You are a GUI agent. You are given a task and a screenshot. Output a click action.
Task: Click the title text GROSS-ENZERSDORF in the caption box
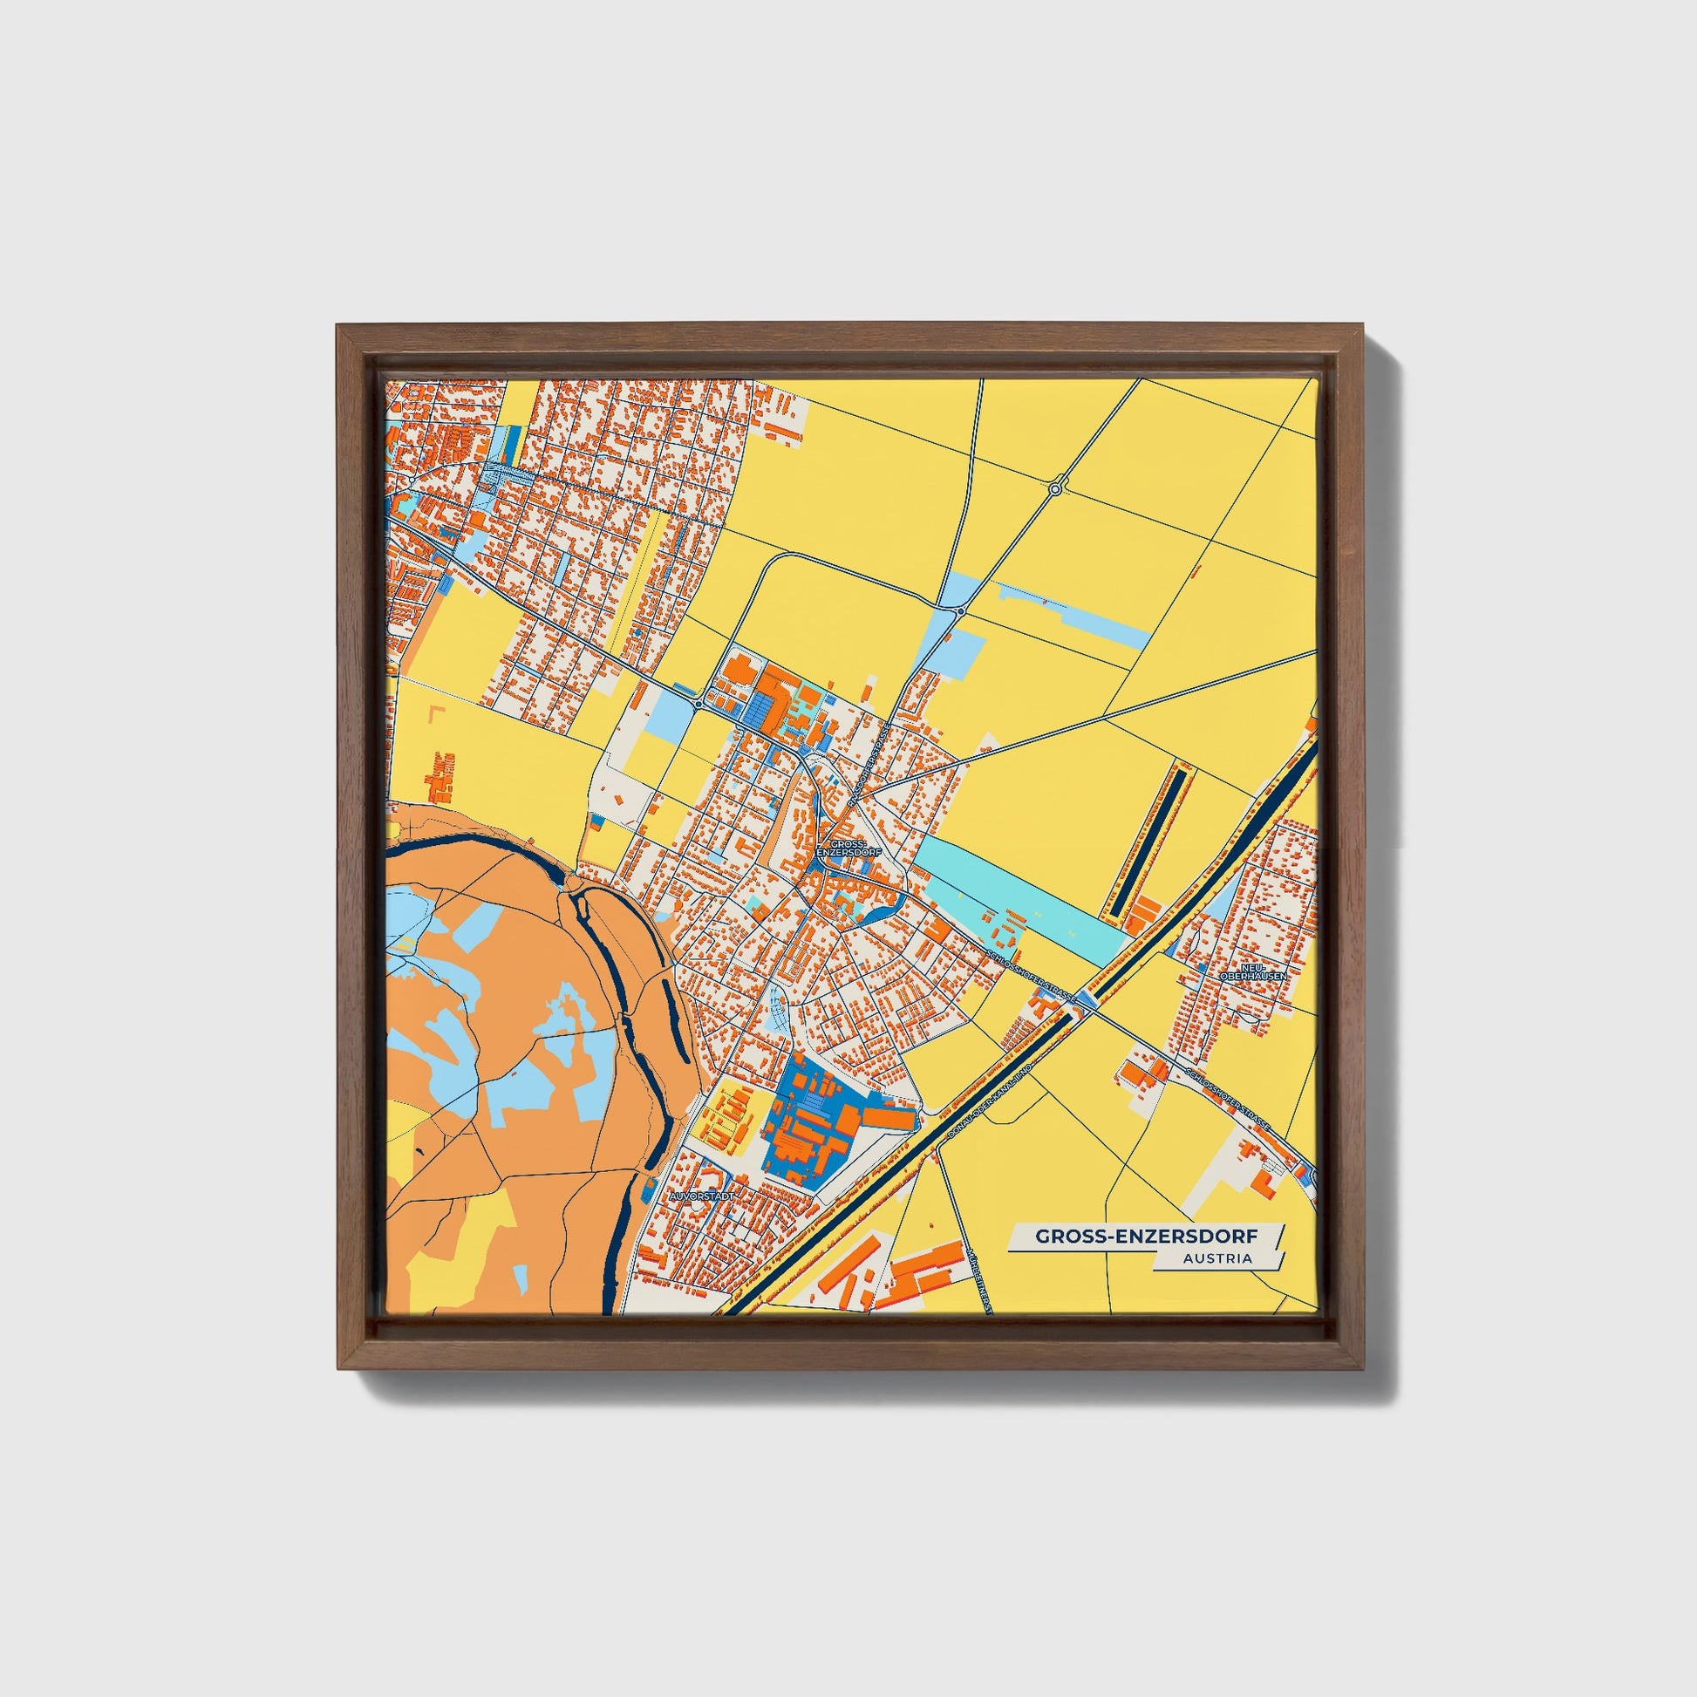pyautogui.click(x=1145, y=1236)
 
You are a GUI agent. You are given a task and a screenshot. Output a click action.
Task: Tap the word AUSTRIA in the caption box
pyautogui.click(x=1217, y=1257)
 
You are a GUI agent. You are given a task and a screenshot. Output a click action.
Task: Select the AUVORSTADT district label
pyautogui.click(x=700, y=1196)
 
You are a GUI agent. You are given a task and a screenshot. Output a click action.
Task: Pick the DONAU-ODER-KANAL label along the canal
pyautogui.click(x=988, y=1105)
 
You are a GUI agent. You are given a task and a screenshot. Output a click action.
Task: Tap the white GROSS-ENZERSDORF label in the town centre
pyautogui.click(x=841, y=847)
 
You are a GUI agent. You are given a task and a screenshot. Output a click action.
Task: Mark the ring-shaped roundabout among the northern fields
pyautogui.click(x=1056, y=487)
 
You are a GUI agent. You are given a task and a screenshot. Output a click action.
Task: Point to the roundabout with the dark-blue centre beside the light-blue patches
pyautogui.click(x=962, y=610)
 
